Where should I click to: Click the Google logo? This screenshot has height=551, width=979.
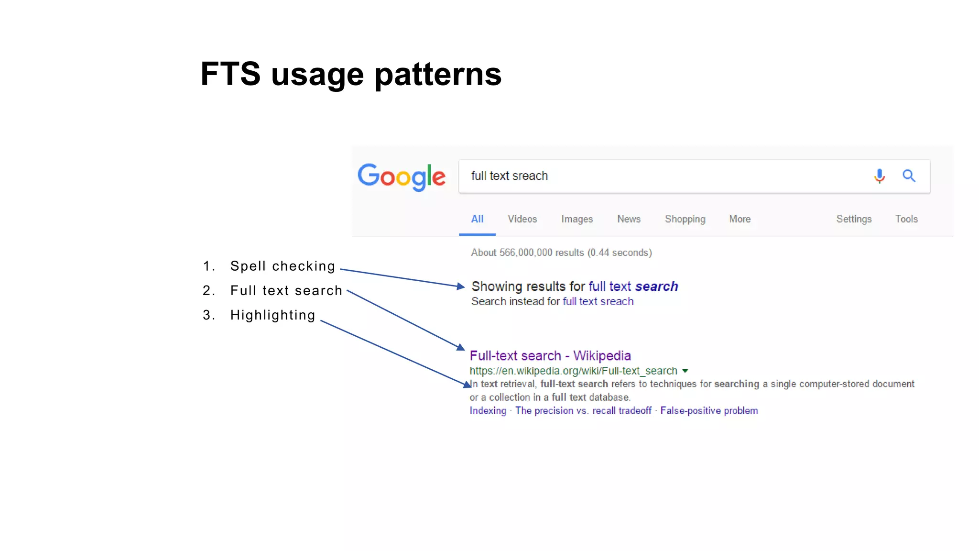pos(402,176)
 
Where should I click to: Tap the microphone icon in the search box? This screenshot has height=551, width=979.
pos(879,176)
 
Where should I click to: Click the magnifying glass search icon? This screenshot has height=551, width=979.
pos(909,176)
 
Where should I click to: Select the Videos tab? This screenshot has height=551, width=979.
pos(522,219)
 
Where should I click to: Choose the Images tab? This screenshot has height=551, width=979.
pos(577,219)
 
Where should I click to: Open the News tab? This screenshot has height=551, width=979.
pos(629,219)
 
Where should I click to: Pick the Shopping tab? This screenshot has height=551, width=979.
pos(685,219)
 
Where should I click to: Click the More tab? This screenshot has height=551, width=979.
pos(740,219)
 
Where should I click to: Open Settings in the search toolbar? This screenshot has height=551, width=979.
pos(854,219)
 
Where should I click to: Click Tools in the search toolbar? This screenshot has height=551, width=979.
pos(906,219)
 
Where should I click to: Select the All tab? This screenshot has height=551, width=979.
pos(477,219)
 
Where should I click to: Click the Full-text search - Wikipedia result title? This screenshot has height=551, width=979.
pos(550,356)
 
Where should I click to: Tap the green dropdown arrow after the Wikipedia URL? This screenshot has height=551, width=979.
pos(685,371)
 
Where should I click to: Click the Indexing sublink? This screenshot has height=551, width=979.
pos(488,411)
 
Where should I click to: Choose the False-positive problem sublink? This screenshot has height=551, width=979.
pos(709,411)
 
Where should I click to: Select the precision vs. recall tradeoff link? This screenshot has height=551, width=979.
pos(583,411)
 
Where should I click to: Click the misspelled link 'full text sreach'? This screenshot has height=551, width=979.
pos(598,302)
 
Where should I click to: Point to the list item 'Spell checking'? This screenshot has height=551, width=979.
pos(283,266)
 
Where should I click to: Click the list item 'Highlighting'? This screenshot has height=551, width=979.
pos(272,315)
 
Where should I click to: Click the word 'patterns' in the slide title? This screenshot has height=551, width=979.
pos(438,75)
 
